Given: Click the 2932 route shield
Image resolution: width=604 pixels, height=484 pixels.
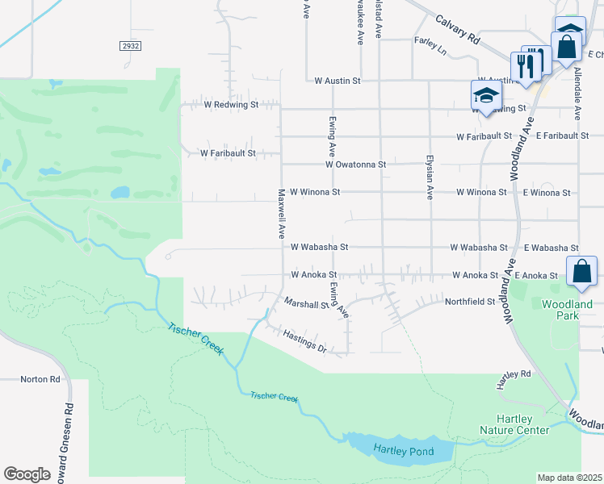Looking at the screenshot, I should click(131, 46).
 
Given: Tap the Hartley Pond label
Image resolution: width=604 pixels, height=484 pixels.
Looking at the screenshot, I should click(402, 449).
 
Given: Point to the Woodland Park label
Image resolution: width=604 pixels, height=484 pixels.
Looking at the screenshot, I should click(568, 310).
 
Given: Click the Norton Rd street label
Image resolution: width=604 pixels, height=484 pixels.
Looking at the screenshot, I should click(40, 379).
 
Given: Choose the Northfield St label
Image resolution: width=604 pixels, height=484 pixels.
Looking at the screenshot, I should click(469, 302).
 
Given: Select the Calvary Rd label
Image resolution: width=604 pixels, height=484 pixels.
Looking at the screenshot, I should click(457, 29).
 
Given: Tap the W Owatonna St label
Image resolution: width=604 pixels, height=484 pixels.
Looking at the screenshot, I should click(356, 164).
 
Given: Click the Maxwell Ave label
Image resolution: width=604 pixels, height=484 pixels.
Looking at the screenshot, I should click(281, 214).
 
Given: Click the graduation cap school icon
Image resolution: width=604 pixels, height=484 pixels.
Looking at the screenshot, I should click(486, 97).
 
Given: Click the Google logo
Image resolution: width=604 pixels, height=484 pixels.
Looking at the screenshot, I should click(27, 474).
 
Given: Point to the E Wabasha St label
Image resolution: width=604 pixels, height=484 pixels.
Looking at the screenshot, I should click(551, 248).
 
